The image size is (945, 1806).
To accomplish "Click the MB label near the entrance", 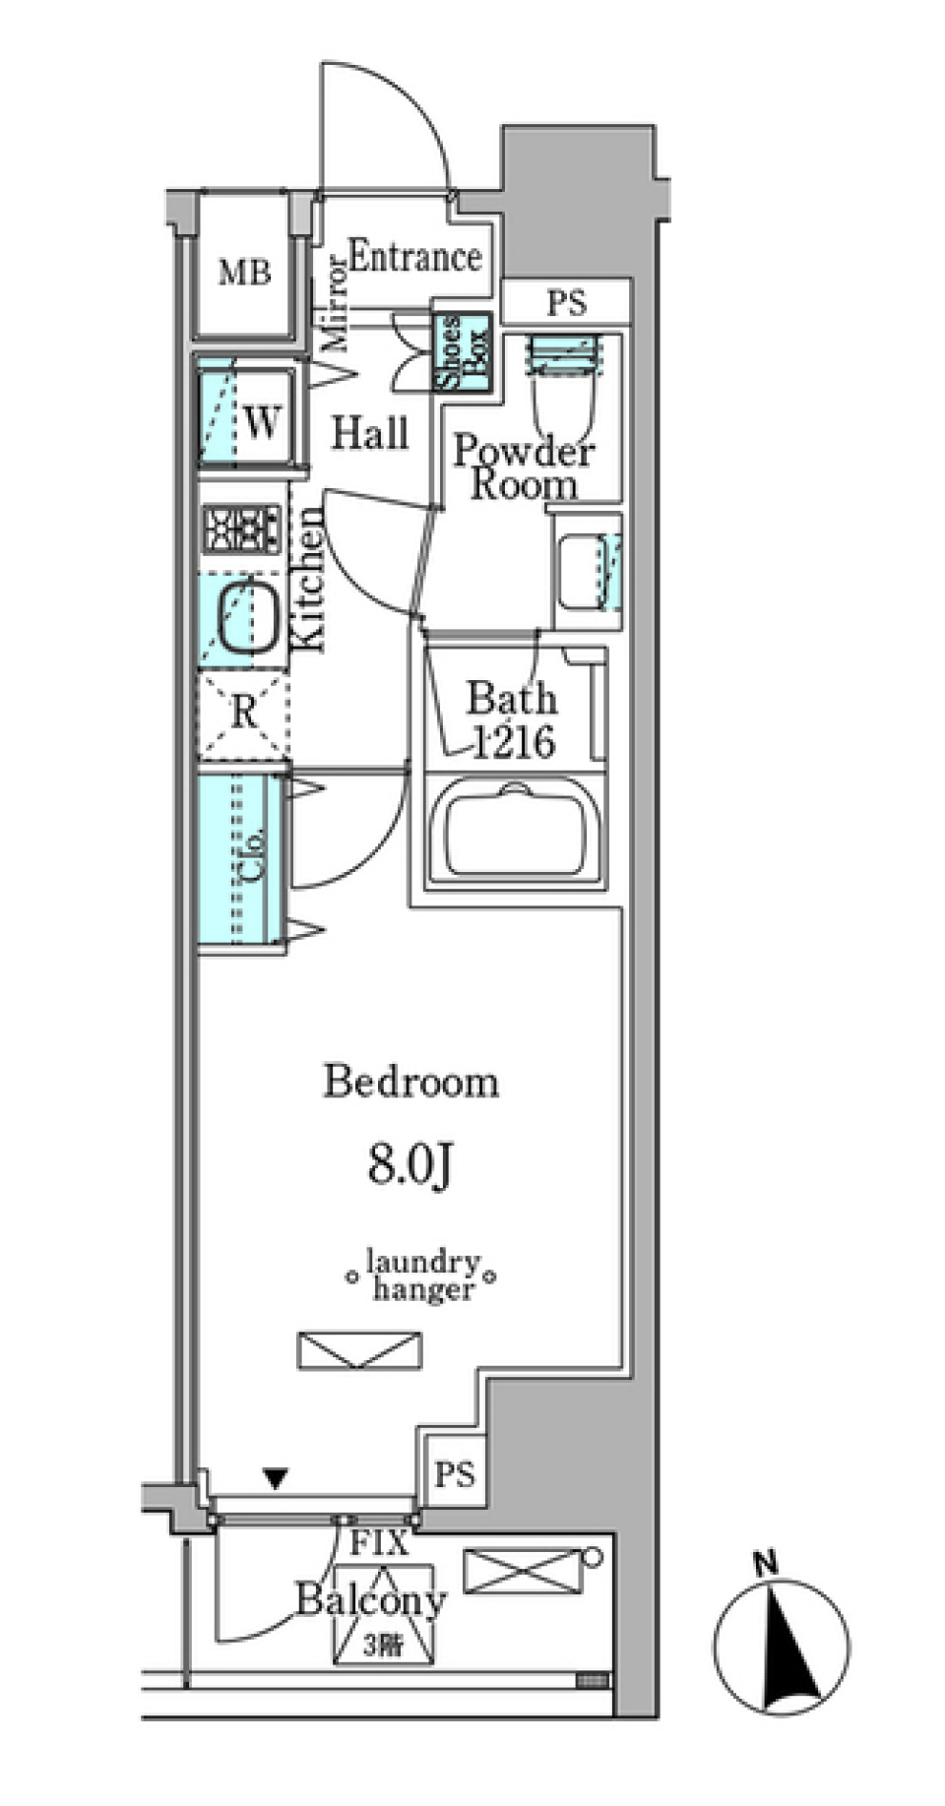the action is (x=244, y=272).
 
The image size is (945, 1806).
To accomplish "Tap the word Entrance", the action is (x=414, y=257).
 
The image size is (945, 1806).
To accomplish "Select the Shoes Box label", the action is (x=463, y=351).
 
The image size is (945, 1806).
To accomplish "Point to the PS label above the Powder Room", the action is (x=566, y=303).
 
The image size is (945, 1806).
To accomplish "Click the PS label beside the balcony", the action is (x=455, y=1473).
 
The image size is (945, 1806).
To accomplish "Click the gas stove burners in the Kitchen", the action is (x=242, y=529).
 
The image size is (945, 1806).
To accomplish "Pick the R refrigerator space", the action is (x=243, y=712).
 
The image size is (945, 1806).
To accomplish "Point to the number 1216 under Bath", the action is (x=513, y=742).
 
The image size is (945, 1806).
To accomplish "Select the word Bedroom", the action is (x=411, y=1082).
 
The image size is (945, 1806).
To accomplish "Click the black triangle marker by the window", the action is (x=276, y=1477).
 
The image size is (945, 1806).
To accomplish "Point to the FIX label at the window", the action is (x=379, y=1543).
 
